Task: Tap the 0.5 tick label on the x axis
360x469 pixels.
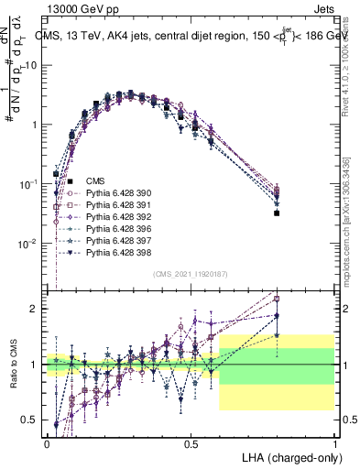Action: click(x=191, y=442)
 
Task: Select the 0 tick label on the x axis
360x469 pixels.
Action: click(x=47, y=442)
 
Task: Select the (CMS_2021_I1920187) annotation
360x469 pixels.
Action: click(x=191, y=274)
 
